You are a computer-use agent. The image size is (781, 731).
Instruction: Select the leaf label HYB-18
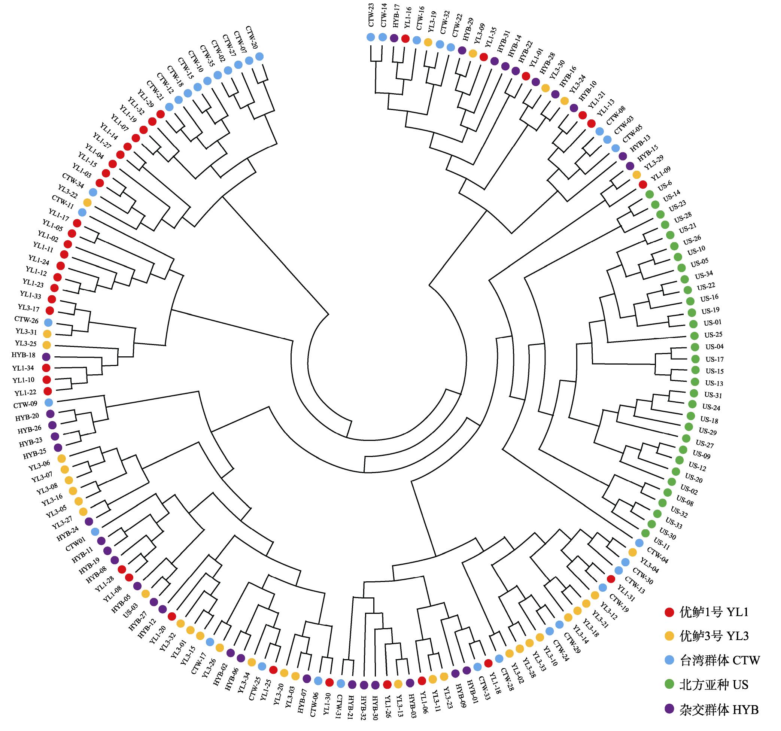24,355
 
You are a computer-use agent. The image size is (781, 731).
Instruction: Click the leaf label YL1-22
25,392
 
